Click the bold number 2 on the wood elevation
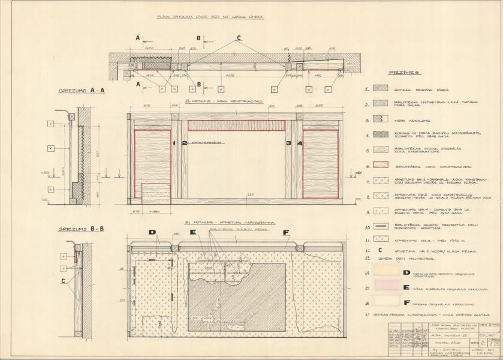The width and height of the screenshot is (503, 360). [175, 143]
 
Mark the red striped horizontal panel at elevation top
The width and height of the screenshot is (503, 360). [236, 125]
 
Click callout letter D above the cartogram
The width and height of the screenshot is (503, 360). [152, 232]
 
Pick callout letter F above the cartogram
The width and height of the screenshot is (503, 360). [285, 232]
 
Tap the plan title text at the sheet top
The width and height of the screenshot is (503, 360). [210, 17]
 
